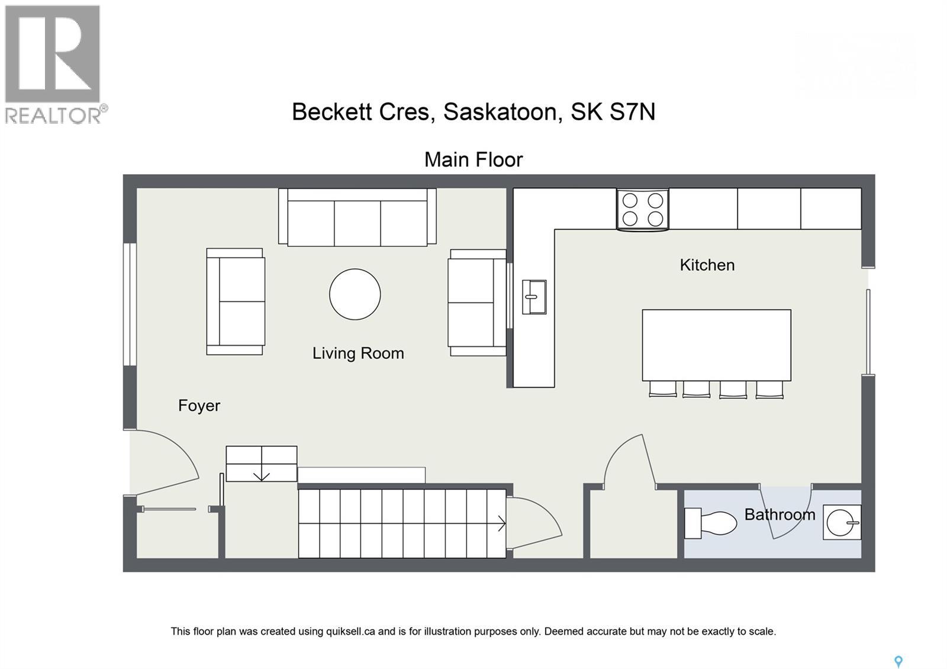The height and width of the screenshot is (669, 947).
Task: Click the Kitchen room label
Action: click(707, 265)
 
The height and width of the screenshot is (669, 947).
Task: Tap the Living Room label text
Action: click(358, 353)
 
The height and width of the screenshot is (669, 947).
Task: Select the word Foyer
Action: click(199, 406)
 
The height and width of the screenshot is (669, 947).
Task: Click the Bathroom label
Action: click(779, 514)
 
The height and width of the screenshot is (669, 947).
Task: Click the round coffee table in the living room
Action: click(355, 294)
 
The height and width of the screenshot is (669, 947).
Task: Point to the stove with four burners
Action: click(642, 210)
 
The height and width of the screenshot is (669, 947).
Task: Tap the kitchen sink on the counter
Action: click(534, 297)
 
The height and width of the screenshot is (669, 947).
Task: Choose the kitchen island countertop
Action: click(716, 345)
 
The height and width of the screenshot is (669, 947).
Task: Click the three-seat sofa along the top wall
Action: click(357, 217)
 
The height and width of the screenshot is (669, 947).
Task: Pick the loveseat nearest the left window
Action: click(236, 301)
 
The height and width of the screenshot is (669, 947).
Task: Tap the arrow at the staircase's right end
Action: click(501, 523)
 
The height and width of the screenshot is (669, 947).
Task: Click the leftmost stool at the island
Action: click(662, 389)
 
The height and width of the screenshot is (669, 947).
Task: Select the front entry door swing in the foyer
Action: click(166, 465)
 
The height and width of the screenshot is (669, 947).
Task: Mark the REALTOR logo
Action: click(53, 64)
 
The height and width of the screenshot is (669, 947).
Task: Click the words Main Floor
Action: click(474, 160)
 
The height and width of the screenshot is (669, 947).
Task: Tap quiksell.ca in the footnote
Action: click(350, 631)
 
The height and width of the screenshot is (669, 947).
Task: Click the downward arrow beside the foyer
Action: click(261, 475)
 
